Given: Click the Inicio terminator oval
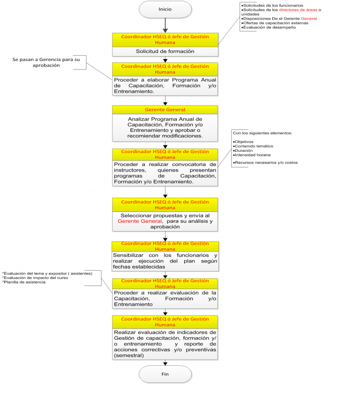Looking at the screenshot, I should point(165,9).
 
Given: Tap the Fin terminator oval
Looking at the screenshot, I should point(165,374).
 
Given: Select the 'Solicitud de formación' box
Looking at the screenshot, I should point(165,51).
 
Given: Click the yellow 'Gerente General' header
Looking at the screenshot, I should point(165,109).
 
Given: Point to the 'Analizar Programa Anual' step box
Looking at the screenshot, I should point(165,128).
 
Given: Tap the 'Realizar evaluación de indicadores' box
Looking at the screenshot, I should point(165,344).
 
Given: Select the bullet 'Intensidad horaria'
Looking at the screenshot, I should point(252,155).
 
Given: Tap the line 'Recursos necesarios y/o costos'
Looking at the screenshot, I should point(266,163).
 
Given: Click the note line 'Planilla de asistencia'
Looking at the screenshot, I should point(24,282).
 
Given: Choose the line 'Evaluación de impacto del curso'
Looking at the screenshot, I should point(36,278).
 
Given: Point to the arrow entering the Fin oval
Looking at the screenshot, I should point(165,362).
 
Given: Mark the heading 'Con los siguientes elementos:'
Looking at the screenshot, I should point(262,133).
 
